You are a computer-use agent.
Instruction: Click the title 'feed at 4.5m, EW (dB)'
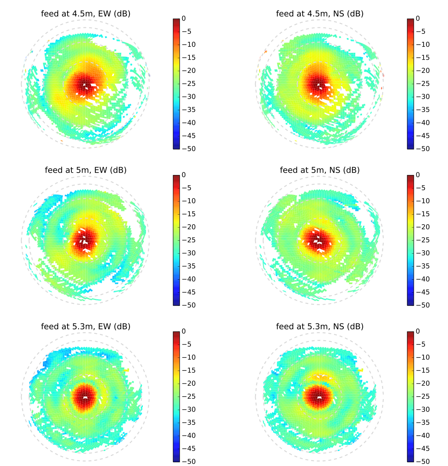[x=86, y=14]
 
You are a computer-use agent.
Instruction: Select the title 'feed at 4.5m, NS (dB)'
[x=319, y=14]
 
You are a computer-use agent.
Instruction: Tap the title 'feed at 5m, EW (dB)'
[x=86, y=170]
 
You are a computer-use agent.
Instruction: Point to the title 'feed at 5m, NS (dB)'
[x=319, y=170]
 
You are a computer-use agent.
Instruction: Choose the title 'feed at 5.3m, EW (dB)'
[x=86, y=327]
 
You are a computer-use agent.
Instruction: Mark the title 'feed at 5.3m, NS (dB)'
[x=319, y=327]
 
